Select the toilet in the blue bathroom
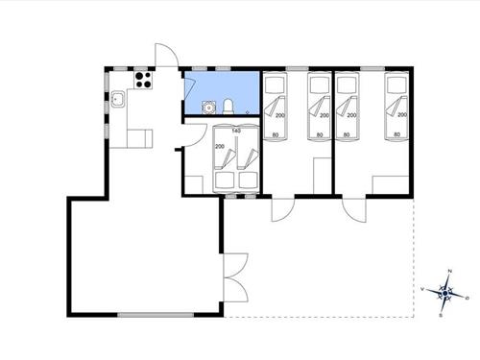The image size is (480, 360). (230, 106)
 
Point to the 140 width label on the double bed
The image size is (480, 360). (235, 129)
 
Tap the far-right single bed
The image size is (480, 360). (396, 105)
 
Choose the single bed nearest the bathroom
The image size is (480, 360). (276, 105)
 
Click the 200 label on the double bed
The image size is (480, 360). (220, 147)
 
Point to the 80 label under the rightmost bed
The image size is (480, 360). (396, 135)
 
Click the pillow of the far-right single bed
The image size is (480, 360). (394, 85)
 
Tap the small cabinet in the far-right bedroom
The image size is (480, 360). (387, 185)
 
